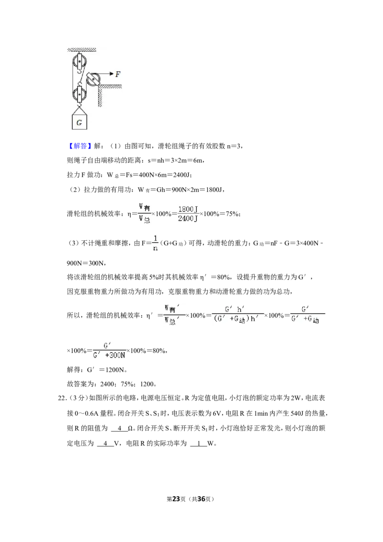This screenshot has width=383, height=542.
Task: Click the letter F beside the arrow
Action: [118, 74]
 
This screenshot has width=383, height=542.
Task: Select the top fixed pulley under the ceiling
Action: [79, 63]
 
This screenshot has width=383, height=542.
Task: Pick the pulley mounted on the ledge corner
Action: [93, 79]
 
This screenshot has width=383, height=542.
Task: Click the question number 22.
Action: [62, 398]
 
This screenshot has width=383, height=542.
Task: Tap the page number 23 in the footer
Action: [176, 499]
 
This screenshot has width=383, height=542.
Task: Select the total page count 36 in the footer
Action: [201, 499]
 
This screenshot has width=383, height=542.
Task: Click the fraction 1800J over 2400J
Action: [188, 214]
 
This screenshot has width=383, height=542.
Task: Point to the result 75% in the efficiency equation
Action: [232, 214]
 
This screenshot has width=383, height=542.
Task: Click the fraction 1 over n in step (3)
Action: [155, 243]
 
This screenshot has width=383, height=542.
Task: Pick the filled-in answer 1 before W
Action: [199, 443]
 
